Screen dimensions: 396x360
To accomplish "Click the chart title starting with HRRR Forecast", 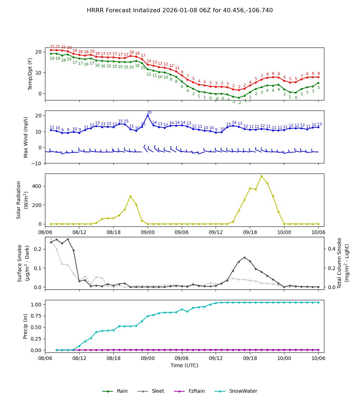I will [180, 10].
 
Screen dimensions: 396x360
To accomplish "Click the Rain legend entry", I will [115, 391].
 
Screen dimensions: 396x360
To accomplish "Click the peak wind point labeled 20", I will [148, 115].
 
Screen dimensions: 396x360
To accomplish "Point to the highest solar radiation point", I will [261, 176].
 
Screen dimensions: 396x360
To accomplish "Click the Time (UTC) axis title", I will [184, 365].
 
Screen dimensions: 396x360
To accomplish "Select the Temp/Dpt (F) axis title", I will [30, 74].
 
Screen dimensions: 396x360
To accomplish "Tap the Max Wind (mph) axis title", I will [26, 137].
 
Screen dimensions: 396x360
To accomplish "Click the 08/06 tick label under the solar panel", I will [45, 232].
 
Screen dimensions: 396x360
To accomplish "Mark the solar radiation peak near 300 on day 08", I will [130, 196].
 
